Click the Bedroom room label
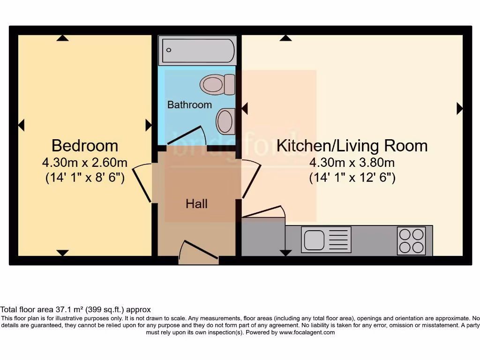(84, 145)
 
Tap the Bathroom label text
(189, 105)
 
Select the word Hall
(196, 204)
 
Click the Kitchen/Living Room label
(352, 146)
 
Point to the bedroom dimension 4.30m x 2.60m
(84, 163)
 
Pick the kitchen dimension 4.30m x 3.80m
(352, 163)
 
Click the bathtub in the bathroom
(197, 50)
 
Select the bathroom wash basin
(225, 121)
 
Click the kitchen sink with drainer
(326, 240)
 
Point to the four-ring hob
(411, 240)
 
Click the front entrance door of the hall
(199, 250)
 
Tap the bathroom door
(187, 136)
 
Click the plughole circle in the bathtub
(169, 50)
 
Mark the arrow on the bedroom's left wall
(21, 125)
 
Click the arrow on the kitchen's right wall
(459, 109)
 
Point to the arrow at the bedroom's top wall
(62, 38)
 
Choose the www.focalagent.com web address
(307, 332)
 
